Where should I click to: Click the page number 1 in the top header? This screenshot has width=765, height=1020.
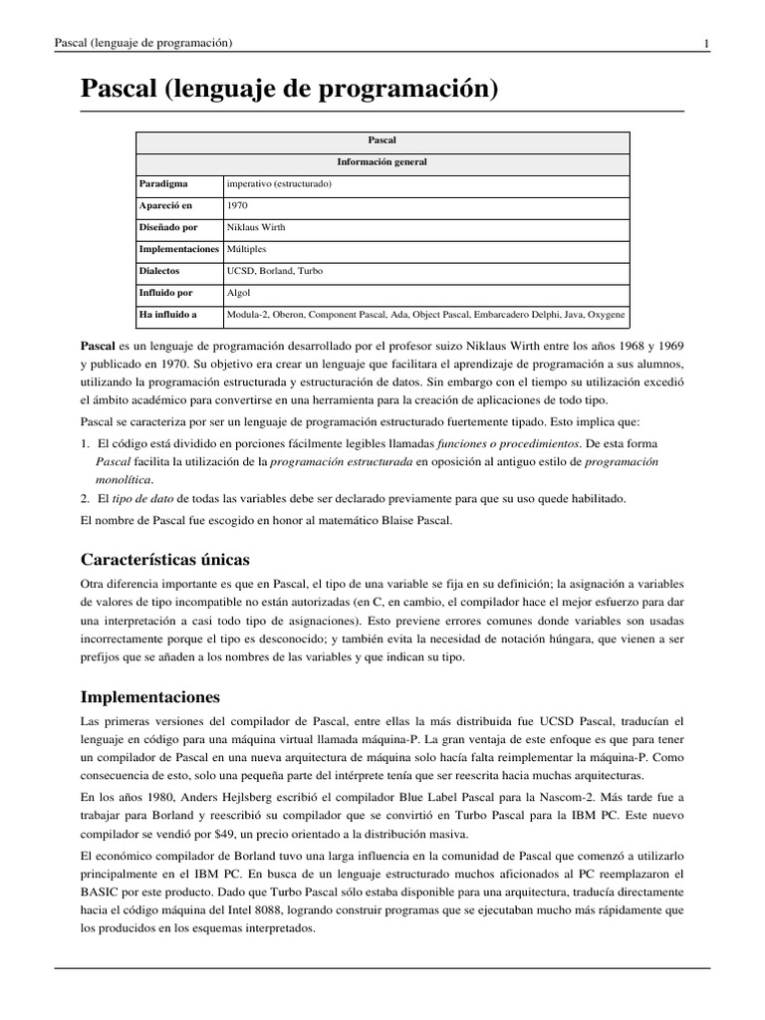tap(706, 43)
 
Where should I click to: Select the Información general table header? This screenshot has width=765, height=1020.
tap(383, 162)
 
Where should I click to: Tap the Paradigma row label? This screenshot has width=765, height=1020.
tap(163, 184)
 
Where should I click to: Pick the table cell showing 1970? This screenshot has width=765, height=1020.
tap(238, 206)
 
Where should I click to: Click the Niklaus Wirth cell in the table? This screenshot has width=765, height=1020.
tap(256, 228)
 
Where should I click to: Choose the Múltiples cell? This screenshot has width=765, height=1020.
tap(247, 249)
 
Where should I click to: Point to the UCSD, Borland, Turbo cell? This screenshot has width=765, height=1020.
tap(275, 271)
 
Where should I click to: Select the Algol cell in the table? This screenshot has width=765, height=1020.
tap(239, 293)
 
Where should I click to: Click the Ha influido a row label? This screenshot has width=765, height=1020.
tap(168, 315)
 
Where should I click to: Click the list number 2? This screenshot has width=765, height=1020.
tap(85, 498)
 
